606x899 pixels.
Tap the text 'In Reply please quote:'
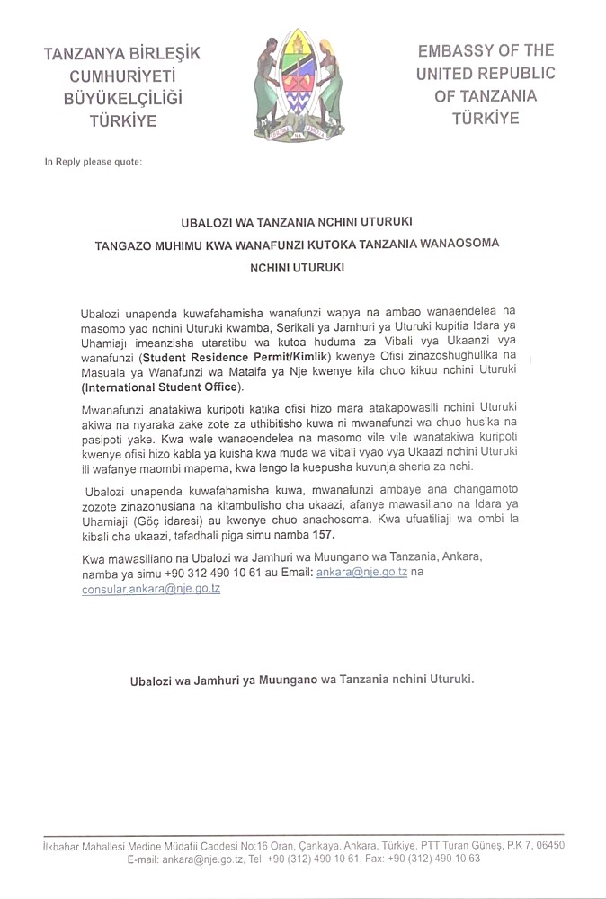[x=93, y=162]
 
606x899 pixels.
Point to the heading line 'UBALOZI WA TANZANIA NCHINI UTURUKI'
[x=302, y=221]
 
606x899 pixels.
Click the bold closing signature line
[x=302, y=681]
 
